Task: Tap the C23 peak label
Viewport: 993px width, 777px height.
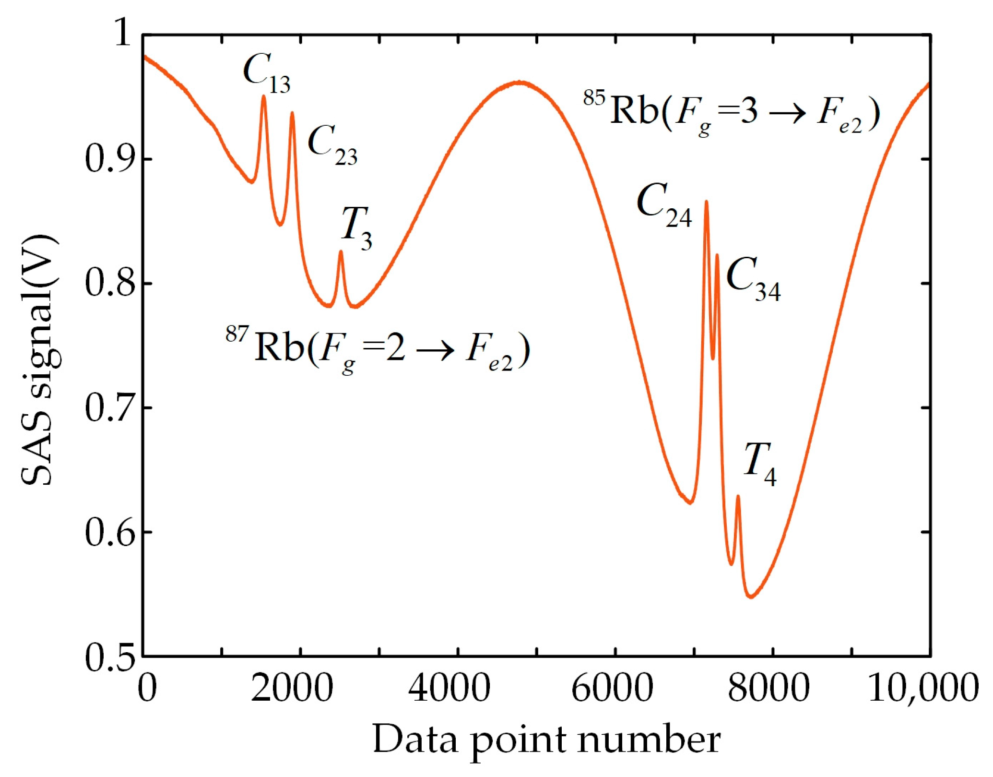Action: coord(332,145)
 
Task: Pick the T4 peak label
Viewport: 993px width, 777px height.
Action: coord(760,465)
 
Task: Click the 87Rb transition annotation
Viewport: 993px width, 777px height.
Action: coord(378,349)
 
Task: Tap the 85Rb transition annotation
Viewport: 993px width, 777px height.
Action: coord(732,112)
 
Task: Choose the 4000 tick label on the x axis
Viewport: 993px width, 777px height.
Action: coord(449,688)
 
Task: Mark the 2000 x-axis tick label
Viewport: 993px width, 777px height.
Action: coord(292,688)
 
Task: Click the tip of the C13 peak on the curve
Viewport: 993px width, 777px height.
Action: coord(263,96)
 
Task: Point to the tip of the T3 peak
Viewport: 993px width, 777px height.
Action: coord(341,251)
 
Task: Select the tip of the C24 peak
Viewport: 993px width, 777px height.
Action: coord(706,202)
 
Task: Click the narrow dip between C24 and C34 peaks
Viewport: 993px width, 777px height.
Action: coord(713,358)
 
